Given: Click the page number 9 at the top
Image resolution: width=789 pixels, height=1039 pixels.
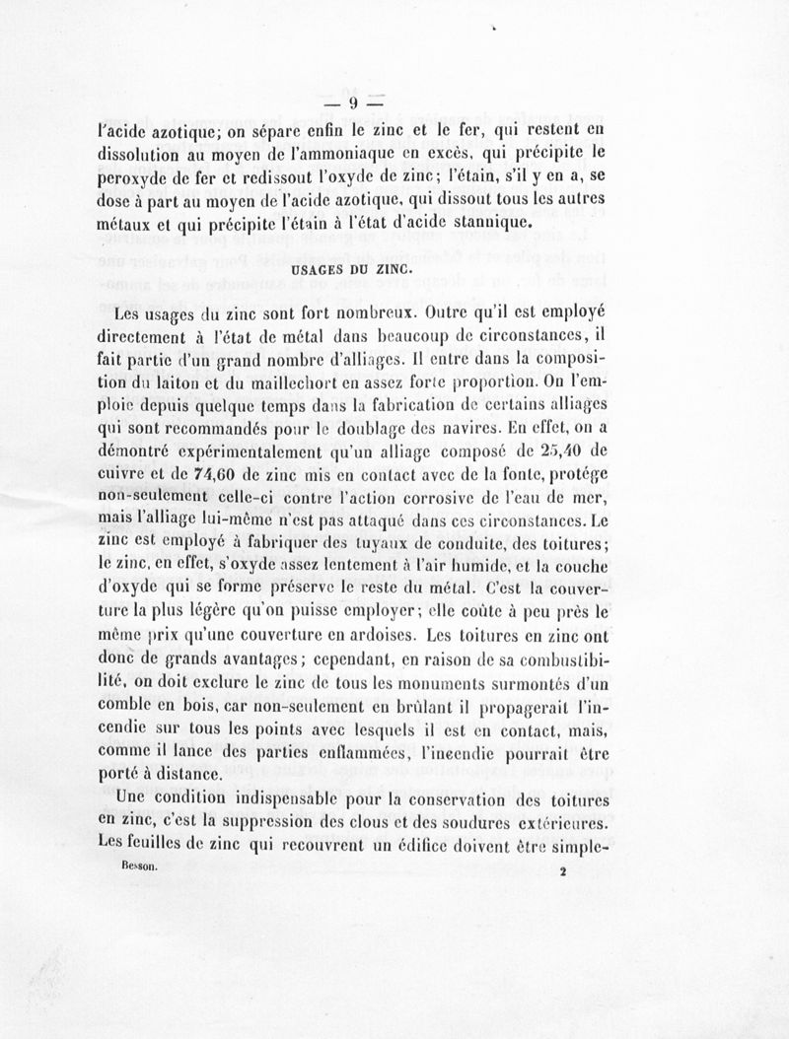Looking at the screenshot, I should (x=351, y=103).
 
